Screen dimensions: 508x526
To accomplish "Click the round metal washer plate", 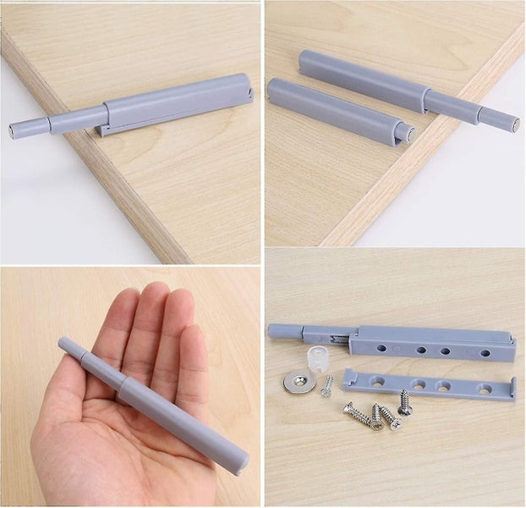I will (x=299, y=381).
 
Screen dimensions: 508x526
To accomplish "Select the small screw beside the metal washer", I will (x=326, y=387).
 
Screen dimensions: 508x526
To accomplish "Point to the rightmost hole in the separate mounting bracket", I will (x=484, y=389).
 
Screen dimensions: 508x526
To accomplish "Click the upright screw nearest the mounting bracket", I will (x=405, y=403).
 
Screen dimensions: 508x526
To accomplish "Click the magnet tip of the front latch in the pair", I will (x=408, y=134).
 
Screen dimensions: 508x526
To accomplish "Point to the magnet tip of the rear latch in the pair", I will (x=512, y=123).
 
